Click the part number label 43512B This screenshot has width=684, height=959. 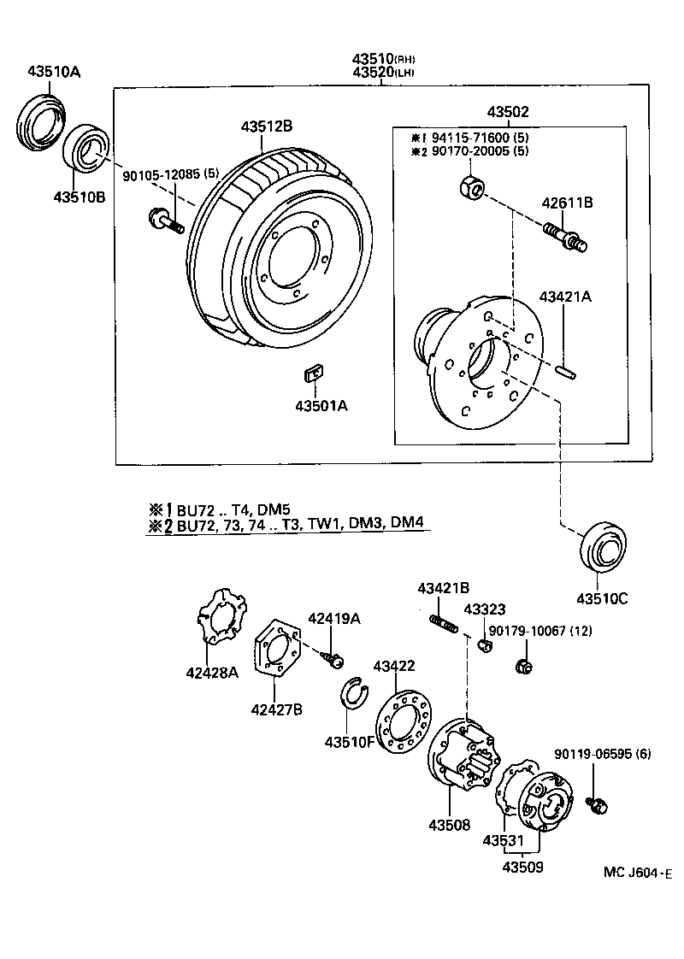(266, 126)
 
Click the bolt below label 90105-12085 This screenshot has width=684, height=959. (165, 221)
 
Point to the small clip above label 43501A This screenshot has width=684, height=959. (314, 373)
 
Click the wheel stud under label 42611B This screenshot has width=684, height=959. (564, 235)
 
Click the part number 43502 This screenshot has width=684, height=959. (508, 112)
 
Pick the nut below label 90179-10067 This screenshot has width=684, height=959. (524, 666)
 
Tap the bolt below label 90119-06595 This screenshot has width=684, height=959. (597, 803)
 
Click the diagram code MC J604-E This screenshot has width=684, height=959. (637, 873)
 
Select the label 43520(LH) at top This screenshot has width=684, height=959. (383, 73)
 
